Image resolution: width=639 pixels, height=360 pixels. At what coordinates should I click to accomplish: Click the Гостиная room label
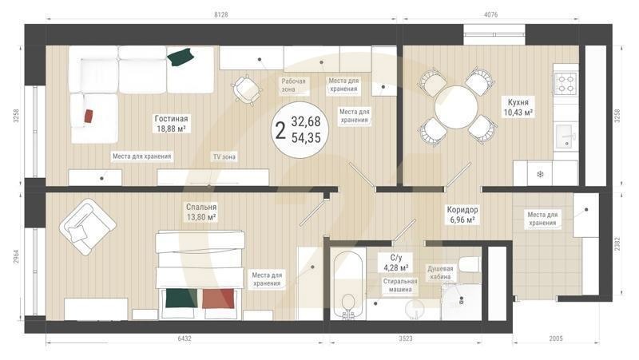tap(171, 122)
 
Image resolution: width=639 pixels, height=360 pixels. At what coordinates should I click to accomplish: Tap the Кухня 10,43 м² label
tap(518, 107)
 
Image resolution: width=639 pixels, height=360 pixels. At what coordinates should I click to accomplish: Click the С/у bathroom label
tap(395, 263)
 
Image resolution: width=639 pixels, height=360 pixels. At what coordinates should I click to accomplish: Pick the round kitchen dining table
tap(456, 105)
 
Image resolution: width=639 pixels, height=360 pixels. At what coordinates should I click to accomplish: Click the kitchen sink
tap(566, 132)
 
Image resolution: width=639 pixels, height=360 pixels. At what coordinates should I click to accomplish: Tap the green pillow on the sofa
tap(181, 56)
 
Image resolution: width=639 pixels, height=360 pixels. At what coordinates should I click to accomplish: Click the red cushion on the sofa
tap(88, 117)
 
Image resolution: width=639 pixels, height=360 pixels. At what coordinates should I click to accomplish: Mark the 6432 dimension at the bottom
tap(185, 338)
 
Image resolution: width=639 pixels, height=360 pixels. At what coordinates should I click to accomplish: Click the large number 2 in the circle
tap(280, 130)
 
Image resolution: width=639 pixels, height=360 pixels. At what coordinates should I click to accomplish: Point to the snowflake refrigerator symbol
tap(539, 174)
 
